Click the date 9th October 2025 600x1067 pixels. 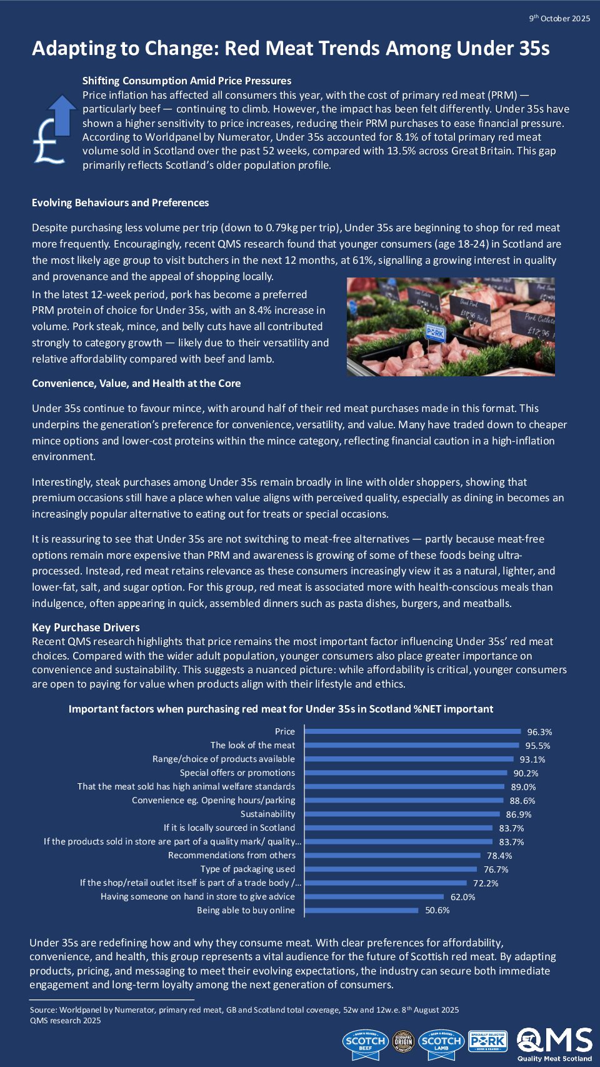point(559,18)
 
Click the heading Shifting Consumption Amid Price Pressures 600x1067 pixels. point(187,81)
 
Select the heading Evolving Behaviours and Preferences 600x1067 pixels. point(120,203)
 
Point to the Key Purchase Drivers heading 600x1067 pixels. point(86,627)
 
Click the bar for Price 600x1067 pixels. point(412,731)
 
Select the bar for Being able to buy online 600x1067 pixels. point(362,910)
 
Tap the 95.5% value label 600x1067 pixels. point(537,746)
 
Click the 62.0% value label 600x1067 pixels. point(462,897)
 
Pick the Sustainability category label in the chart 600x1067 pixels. point(267,814)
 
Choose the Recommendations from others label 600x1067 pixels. point(231,855)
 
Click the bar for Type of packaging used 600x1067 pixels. point(391,869)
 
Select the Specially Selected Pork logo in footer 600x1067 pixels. point(487,1041)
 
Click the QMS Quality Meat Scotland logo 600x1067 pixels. point(554,1044)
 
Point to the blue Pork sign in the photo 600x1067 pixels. point(435,332)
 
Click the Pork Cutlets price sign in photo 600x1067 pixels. point(539,324)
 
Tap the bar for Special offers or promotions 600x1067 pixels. point(406,773)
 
